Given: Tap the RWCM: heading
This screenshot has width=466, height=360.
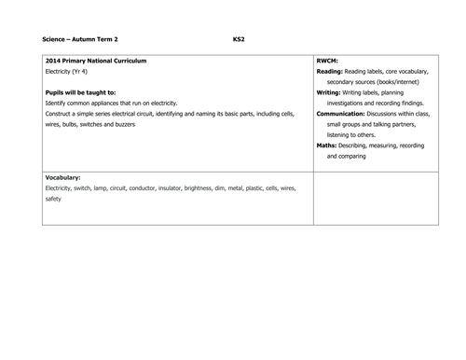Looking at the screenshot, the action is (330, 61).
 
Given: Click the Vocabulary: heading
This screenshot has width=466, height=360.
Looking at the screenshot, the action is (63, 177).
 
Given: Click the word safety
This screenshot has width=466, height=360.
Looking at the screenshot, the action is (53, 199).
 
